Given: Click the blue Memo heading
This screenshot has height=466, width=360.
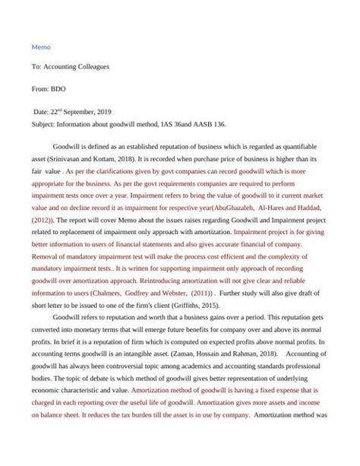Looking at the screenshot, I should [42, 46].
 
